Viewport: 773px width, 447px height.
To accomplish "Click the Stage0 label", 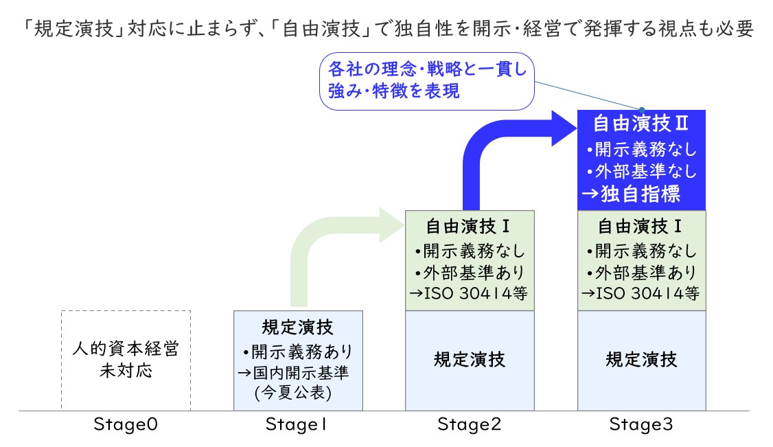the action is (x=126, y=424).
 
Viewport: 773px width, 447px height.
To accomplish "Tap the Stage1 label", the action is (x=297, y=424).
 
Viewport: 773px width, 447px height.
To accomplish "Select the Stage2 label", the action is (x=470, y=424).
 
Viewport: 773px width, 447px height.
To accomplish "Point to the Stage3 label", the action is (x=641, y=424).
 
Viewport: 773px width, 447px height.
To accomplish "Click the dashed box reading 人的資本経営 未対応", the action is (x=126, y=312).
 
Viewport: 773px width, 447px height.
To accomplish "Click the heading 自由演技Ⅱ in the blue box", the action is (x=641, y=123).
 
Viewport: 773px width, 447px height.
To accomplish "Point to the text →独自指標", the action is (x=632, y=194).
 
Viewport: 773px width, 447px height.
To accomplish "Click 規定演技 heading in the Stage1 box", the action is (x=298, y=328).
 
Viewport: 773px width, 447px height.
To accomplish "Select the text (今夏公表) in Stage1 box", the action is (x=293, y=393).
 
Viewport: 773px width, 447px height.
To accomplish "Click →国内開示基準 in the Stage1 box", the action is (x=294, y=373).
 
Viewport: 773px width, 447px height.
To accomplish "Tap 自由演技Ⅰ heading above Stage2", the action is (x=468, y=227).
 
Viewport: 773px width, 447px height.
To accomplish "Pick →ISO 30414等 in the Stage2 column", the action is (x=469, y=293).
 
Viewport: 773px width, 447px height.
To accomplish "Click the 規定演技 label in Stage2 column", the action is (x=470, y=360).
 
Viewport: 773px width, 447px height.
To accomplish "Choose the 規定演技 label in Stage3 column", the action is (x=641, y=360).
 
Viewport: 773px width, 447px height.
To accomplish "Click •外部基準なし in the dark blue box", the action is (x=641, y=171).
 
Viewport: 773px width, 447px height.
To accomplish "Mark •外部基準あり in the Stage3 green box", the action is (x=641, y=273).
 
